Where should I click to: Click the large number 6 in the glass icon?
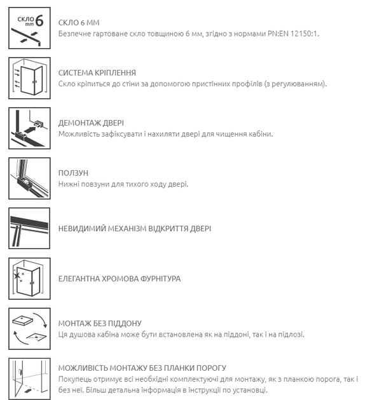39,20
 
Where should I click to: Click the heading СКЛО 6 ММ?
79,23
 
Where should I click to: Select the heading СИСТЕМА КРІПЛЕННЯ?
97,73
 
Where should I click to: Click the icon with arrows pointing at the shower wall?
29,78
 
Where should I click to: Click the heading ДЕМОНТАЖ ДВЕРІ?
91,123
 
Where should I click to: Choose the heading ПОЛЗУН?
73,173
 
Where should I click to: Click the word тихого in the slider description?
134,184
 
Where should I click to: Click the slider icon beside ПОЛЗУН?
29,178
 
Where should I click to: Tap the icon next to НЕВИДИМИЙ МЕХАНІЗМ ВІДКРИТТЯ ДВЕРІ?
29,229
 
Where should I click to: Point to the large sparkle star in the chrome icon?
17,276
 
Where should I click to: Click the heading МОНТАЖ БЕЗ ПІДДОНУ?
100,323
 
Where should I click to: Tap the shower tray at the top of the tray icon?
23,321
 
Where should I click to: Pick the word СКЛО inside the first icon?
25,19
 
